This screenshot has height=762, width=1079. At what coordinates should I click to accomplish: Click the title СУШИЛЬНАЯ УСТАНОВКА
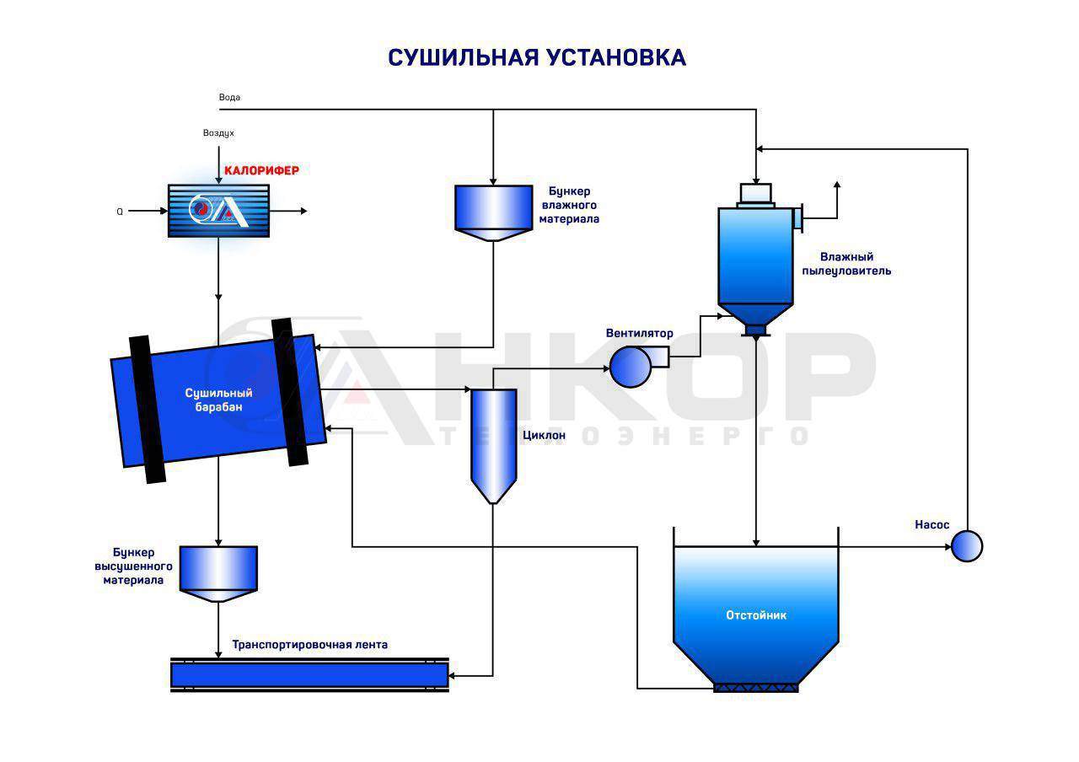point(537,57)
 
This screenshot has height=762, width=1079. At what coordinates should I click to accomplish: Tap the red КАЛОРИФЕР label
point(261,170)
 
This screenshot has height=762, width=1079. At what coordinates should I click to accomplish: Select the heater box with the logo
point(218,211)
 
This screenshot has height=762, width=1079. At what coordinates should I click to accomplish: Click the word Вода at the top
point(229,97)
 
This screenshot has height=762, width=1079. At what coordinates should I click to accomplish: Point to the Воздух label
point(218,133)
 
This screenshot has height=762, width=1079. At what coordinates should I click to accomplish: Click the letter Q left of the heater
point(120,212)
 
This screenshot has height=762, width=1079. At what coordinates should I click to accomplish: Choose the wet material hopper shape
point(493,211)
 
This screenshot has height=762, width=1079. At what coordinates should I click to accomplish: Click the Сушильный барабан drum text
point(218,400)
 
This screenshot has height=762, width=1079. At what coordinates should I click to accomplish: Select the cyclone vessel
point(493,443)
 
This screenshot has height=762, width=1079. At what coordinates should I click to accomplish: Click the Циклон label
point(544,436)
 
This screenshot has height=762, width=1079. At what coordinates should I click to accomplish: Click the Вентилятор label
point(639,333)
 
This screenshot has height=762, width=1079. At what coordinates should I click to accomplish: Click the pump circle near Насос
point(967,546)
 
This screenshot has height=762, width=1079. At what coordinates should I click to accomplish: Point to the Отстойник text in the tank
point(756,615)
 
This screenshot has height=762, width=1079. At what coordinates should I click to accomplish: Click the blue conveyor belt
point(309,675)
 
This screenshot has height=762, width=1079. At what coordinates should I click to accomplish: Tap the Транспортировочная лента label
point(309,645)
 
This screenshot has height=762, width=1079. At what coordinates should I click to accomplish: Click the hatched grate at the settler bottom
point(755,688)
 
